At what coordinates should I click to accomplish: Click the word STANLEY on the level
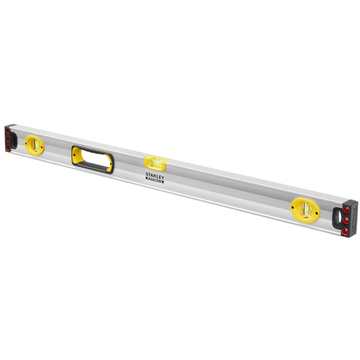(x=155, y=175)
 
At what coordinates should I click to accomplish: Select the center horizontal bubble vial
(x=155, y=163)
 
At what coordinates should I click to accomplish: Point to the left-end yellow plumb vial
(x=35, y=145)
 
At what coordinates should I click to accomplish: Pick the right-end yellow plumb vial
(x=305, y=209)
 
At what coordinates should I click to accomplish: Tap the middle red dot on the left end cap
(x=8, y=139)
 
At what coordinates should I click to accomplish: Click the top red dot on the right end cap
(x=347, y=210)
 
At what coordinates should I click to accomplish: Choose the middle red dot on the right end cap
(x=346, y=220)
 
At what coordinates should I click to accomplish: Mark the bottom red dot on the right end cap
(x=346, y=230)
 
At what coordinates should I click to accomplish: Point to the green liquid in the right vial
(x=305, y=209)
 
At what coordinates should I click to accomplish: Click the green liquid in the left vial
(x=35, y=145)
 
